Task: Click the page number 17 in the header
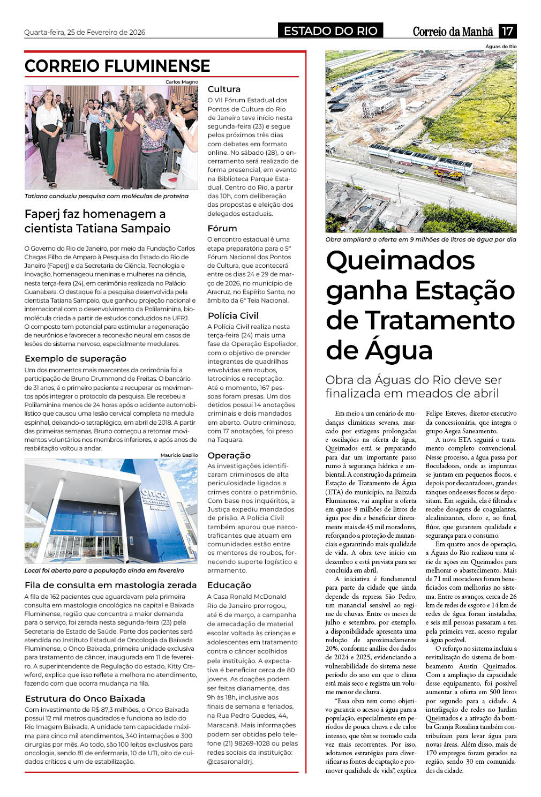(507, 31)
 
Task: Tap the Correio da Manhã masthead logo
(453, 32)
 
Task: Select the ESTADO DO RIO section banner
(330, 31)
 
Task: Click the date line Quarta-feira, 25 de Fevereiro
(85, 32)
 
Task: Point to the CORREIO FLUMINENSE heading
(117, 66)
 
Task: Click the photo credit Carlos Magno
(182, 82)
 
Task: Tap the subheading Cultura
(224, 89)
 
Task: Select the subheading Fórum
(222, 229)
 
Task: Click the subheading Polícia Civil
(233, 315)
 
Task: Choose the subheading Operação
(229, 455)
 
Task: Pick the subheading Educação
(229, 585)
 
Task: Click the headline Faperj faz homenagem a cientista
(97, 221)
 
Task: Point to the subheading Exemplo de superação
(76, 358)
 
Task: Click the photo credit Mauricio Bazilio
(179, 455)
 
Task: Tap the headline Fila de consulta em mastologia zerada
(110, 585)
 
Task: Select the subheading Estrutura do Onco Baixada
(85, 698)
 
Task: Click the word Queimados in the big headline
(401, 261)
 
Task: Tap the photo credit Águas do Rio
(501, 47)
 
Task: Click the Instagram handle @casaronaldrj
(230, 761)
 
